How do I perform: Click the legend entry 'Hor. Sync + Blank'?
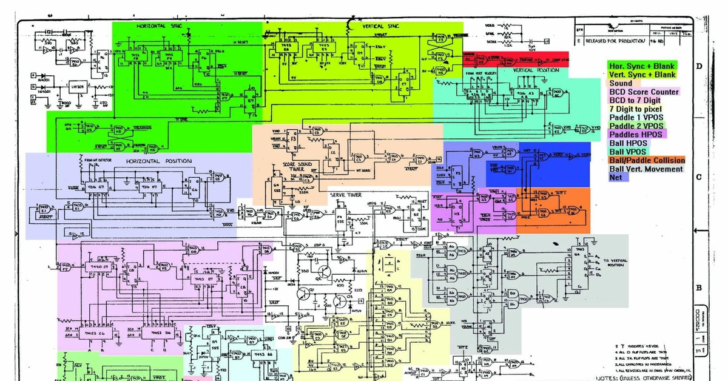point(642,66)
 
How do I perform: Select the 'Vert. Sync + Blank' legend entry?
point(642,74)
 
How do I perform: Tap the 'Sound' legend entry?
point(621,83)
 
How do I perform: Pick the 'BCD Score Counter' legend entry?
point(644,92)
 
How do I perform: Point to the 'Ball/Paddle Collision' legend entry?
point(647,160)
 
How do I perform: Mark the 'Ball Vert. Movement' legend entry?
point(646,169)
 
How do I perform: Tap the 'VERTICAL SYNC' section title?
point(380,27)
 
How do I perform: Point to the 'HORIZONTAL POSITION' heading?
point(159,161)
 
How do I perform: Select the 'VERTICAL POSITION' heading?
point(535,70)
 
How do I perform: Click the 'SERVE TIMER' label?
point(346,195)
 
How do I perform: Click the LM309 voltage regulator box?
point(77,87)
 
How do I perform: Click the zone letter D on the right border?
point(699,66)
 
